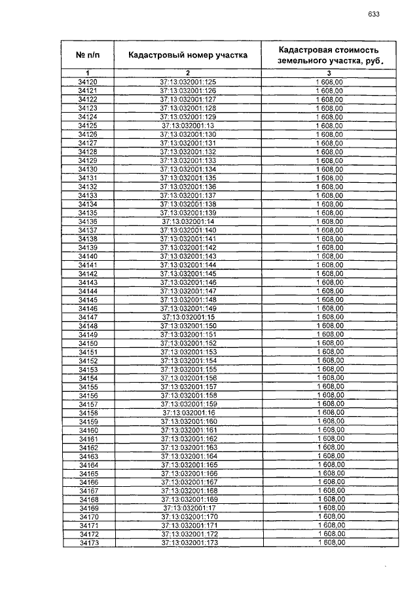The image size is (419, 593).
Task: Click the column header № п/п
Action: tap(87, 55)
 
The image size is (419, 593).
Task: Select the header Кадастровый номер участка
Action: tap(187, 55)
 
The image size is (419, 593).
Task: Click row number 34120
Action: tap(87, 81)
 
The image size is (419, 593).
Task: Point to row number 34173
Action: tap(87, 543)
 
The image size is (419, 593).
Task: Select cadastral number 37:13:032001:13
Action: tap(187, 124)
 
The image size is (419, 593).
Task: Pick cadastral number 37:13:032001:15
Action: tap(187, 316)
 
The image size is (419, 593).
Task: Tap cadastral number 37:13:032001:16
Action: tap(187, 413)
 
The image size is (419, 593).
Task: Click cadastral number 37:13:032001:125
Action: tap(187, 81)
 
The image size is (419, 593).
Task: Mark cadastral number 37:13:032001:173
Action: tap(187, 543)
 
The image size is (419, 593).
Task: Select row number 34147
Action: tap(87, 316)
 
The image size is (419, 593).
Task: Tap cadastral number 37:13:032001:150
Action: tap(187, 326)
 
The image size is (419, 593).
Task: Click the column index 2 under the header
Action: tap(187, 72)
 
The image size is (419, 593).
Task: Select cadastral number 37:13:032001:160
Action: tap(187, 421)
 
